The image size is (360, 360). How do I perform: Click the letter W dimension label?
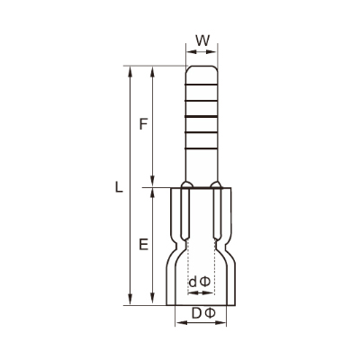coord(202,40)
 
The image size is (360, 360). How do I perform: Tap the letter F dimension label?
coord(144,124)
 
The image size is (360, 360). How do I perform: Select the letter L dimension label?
coord(119,187)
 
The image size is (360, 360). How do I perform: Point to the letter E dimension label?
coord(144,244)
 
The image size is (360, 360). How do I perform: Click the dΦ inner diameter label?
coord(200,282)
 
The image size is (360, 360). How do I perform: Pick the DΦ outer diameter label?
coord(203,313)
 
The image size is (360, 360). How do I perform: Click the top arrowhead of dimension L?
coord(130,72)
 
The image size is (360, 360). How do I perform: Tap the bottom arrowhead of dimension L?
coord(130,300)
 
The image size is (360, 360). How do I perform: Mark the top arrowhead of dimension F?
coord(153,72)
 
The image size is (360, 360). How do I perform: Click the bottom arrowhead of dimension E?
coord(153,300)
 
